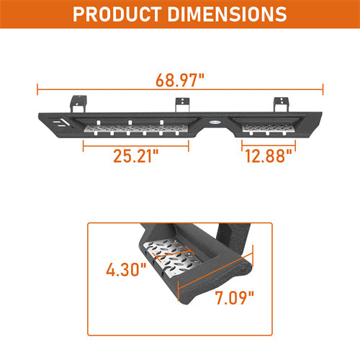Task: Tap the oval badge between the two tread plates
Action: coord(214,125)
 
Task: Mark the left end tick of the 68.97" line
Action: coord(37,90)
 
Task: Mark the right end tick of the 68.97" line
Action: coord(323,90)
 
